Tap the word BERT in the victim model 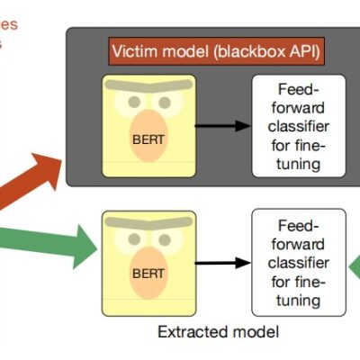tap(148, 140)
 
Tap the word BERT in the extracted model tap(148, 270)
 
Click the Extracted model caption tap(219, 331)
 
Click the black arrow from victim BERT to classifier tap(220, 126)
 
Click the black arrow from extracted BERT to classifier tap(220, 263)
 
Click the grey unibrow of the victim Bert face tap(148, 85)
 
